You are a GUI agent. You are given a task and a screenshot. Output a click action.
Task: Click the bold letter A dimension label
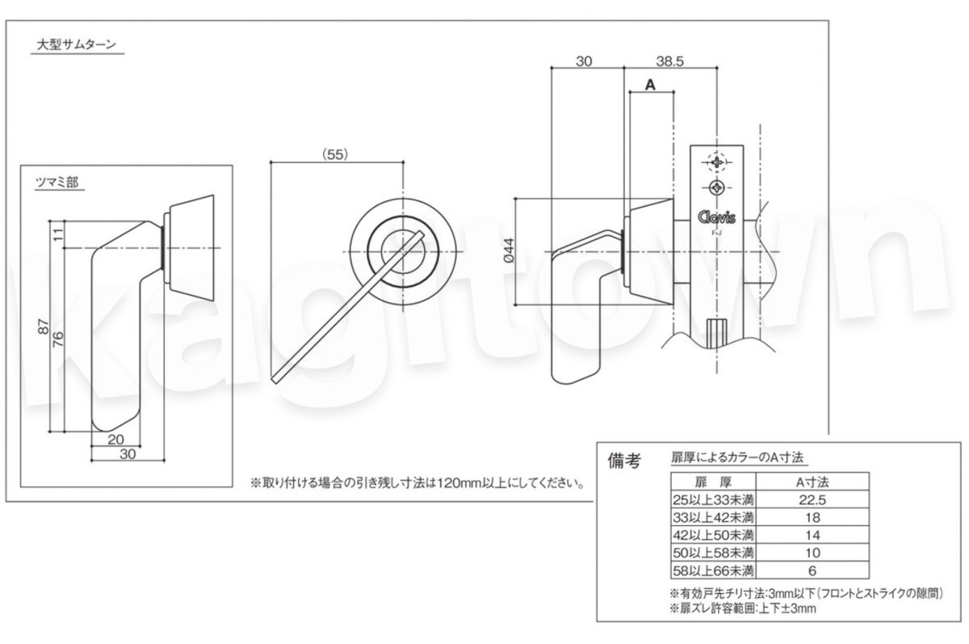(649, 84)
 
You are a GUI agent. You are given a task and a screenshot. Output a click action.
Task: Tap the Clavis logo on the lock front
(715, 217)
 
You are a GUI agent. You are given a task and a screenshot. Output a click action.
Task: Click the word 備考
(623, 461)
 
